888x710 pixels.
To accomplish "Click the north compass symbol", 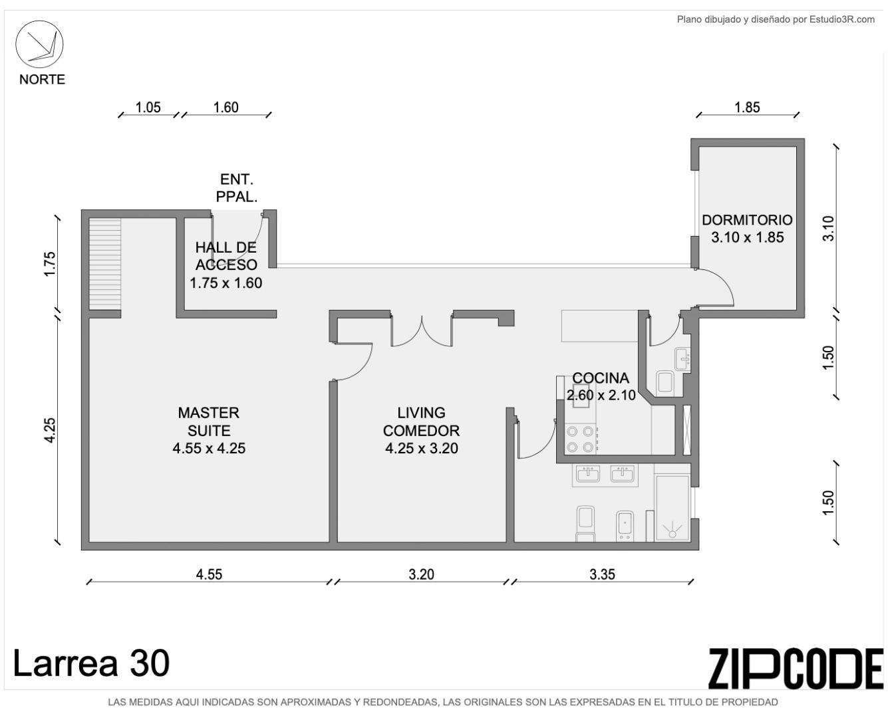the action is click(x=39, y=44).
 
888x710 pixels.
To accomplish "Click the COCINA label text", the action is click(x=601, y=378).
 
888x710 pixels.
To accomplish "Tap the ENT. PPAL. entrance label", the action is click(x=236, y=188).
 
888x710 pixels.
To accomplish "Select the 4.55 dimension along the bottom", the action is click(x=209, y=574).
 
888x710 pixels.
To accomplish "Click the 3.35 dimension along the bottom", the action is click(x=602, y=574).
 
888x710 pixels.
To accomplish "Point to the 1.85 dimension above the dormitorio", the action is click(x=747, y=107).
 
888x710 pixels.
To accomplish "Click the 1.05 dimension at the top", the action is click(x=148, y=107).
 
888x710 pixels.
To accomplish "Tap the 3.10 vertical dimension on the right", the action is click(x=828, y=229).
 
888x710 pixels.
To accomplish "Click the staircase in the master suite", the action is click(x=105, y=264).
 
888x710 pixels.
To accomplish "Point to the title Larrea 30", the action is click(x=91, y=663).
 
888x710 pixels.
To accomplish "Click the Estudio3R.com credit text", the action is click(x=842, y=19).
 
